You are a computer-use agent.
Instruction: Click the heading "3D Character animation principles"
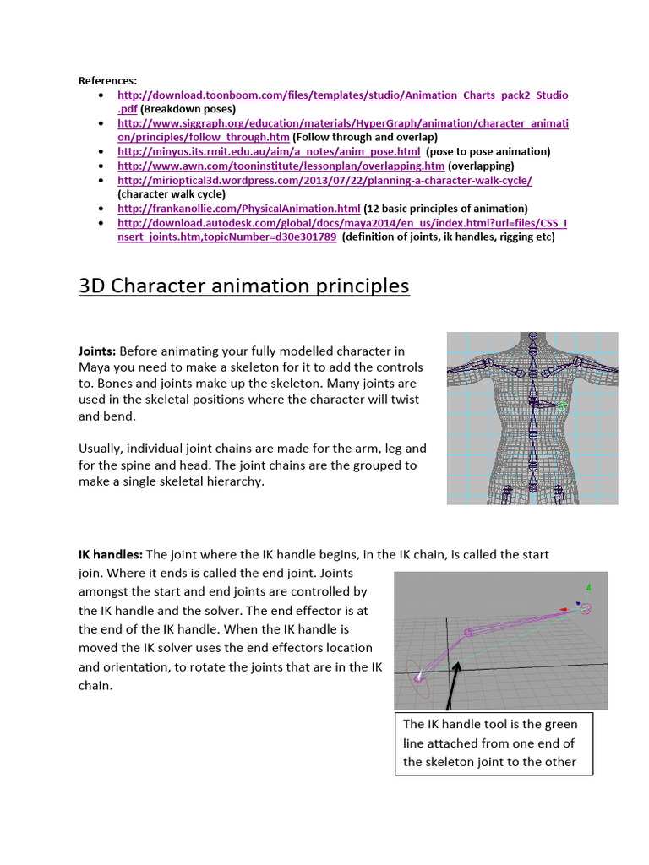point(243,286)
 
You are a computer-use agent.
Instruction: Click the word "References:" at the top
point(107,80)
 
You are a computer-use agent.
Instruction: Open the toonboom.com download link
point(342,95)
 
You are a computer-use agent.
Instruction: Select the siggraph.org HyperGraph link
point(342,123)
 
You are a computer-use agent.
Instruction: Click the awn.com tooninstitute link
point(281,166)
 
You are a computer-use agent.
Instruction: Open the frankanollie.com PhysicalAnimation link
point(238,208)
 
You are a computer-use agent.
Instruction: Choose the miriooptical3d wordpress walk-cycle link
point(324,180)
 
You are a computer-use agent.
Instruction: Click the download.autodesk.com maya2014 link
point(342,222)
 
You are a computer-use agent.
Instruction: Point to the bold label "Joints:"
point(97,351)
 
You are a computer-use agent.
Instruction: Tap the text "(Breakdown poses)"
point(188,109)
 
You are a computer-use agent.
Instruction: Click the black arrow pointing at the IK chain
point(455,683)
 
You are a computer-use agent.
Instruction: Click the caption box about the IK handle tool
point(494,743)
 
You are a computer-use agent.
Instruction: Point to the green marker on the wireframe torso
point(563,406)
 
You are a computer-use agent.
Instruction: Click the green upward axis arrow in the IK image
point(590,588)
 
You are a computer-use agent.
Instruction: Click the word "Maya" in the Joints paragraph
point(96,367)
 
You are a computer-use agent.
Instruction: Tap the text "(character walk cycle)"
point(172,193)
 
